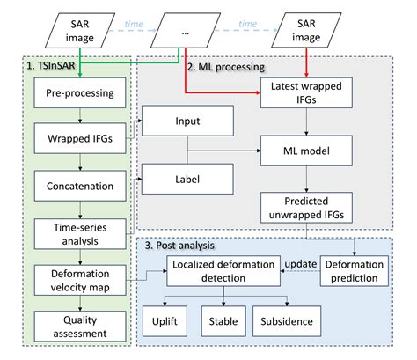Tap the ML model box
pos(305,151)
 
